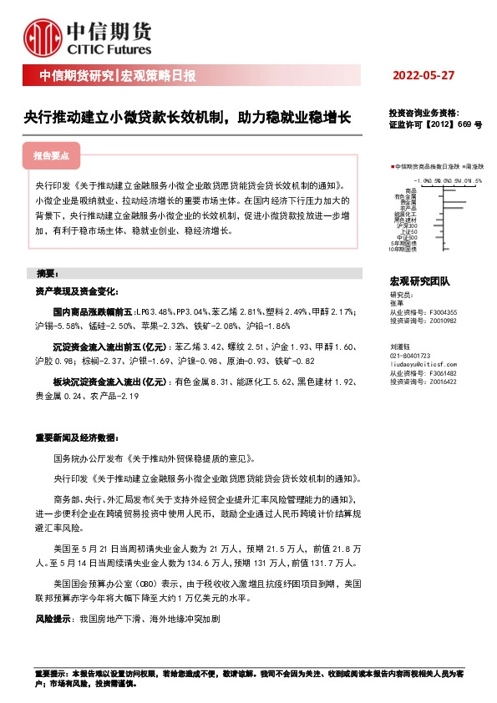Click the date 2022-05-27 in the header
tap(423, 76)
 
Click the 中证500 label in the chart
tap(407, 237)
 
